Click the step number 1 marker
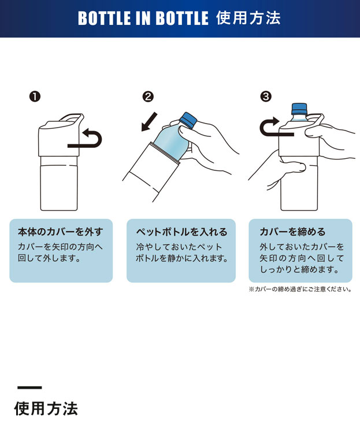(35, 96)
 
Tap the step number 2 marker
(148, 96)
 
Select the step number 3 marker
(266, 96)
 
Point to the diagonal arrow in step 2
(149, 121)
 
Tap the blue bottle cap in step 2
(188, 120)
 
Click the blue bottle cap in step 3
(299, 109)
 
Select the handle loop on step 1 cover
(72, 118)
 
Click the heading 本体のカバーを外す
(61, 232)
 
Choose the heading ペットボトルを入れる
(181, 232)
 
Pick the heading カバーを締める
(293, 232)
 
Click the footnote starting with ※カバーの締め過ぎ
(300, 289)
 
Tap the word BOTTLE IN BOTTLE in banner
(143, 18)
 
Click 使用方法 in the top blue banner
(248, 18)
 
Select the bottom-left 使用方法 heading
(46, 408)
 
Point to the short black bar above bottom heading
(30, 388)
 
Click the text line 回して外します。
(49, 258)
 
